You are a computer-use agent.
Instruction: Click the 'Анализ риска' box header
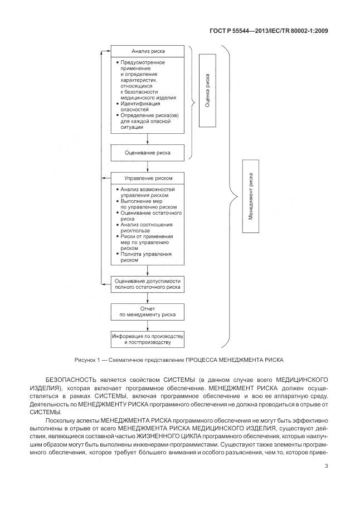[x=147, y=51]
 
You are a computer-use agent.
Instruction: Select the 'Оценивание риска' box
[x=147, y=152]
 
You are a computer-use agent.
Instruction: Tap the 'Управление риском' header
[x=147, y=178]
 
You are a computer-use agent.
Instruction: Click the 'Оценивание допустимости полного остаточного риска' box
[x=147, y=283]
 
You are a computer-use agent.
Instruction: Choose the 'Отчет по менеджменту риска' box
[x=147, y=311]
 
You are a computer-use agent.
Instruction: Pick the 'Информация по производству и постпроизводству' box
[x=147, y=339]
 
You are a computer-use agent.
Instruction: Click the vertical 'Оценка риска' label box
[x=207, y=91]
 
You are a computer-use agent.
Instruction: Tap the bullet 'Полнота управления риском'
[x=143, y=256]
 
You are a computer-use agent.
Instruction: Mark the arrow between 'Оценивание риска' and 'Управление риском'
[x=147, y=166]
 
